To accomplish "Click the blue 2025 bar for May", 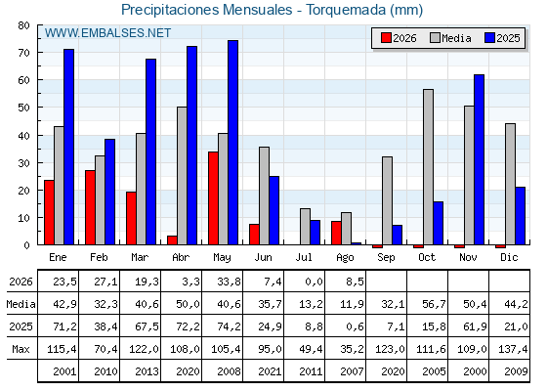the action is click(232, 143).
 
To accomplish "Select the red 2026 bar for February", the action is click(90, 207).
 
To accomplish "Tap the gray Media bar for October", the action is click(428, 167).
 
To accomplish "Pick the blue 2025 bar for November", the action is click(479, 159).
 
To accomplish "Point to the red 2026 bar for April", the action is click(172, 240).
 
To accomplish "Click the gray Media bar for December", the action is click(510, 184).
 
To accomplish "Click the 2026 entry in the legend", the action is click(399, 38).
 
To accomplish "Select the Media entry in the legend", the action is click(450, 38).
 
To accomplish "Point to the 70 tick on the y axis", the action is click(24, 53).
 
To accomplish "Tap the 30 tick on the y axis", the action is click(24, 163).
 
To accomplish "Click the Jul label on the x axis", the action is click(304, 257).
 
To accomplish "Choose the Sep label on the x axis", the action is click(386, 257).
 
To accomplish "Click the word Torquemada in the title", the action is click(346, 10).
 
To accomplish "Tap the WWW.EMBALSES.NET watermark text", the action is click(107, 33).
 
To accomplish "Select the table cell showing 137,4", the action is click(513, 349).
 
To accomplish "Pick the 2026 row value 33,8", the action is click(229, 282).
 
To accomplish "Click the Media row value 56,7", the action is click(434, 304).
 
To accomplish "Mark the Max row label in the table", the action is click(21, 349).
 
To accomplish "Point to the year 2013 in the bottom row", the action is click(147, 371).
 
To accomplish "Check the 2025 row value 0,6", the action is click(355, 326).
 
